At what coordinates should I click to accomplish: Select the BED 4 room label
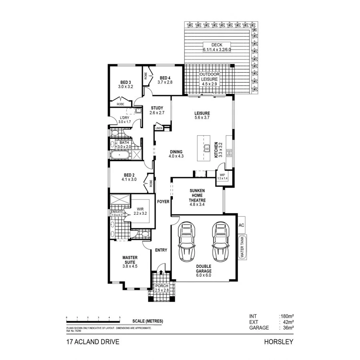[x=165, y=78]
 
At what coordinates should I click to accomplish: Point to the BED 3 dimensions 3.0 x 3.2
[x=125, y=86]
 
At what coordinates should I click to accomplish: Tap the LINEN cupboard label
[x=159, y=128]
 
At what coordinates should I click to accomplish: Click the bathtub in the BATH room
[x=121, y=155]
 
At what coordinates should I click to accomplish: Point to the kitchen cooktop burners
[x=230, y=152]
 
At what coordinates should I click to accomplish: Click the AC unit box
[x=241, y=226]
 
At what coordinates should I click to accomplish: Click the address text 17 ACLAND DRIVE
[x=92, y=342]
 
